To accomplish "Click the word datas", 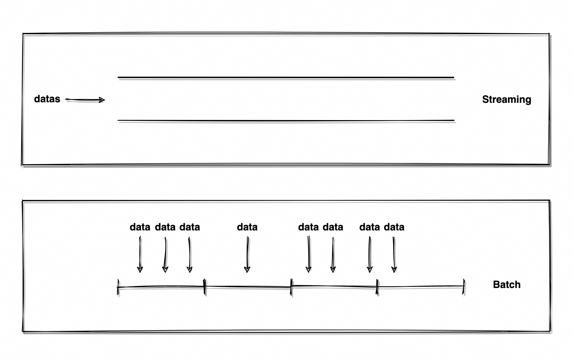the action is [x=47, y=99].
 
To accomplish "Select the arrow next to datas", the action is [x=85, y=100].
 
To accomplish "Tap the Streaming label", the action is [x=506, y=99].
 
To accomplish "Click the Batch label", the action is [x=506, y=285].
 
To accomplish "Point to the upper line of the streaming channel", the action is [x=286, y=77].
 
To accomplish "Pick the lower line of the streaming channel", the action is [x=286, y=120].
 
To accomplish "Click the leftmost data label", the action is [x=140, y=227].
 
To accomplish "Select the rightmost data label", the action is [x=394, y=227].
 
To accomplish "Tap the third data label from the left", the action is [x=189, y=227].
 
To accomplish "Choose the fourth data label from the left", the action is [x=247, y=227].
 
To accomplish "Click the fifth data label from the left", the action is [x=308, y=227].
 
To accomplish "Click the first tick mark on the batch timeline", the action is [x=118, y=287].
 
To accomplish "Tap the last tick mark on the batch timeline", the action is [x=464, y=286].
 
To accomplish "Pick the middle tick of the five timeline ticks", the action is [x=291, y=287].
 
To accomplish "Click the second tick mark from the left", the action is [x=204, y=287].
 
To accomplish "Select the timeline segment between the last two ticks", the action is [x=420, y=286].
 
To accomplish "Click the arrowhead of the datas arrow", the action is [x=102, y=100].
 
